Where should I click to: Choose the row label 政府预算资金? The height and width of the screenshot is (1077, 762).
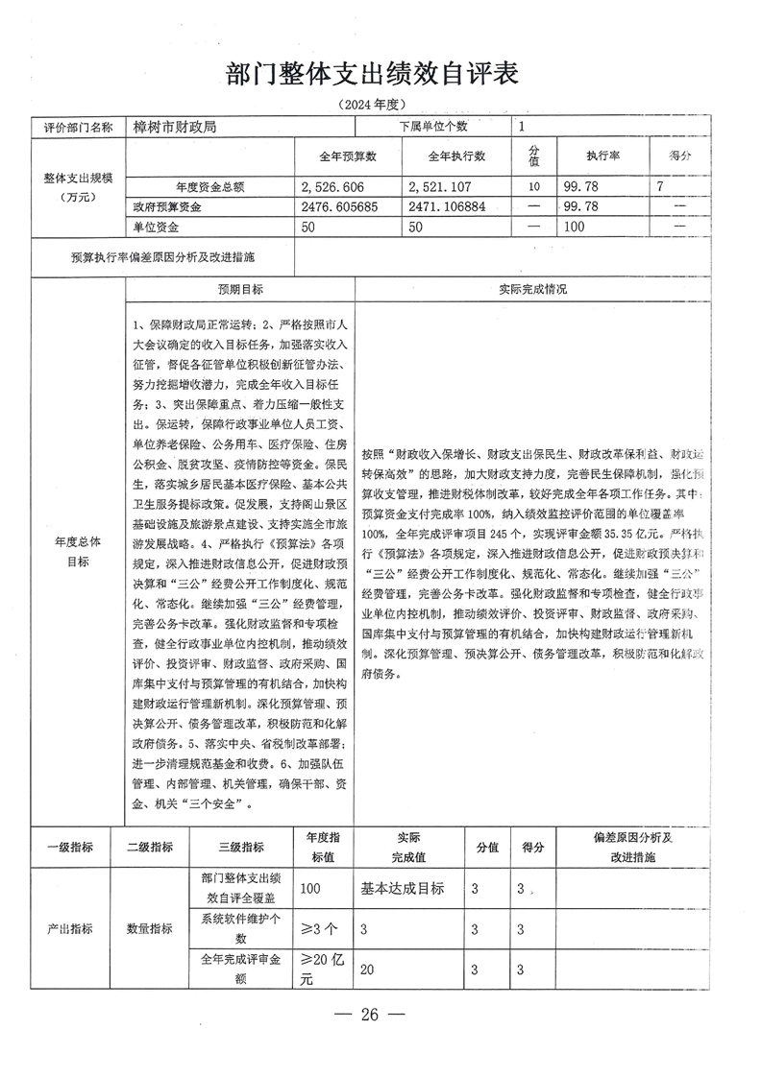click(x=168, y=206)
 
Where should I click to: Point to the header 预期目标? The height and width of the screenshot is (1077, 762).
click(x=240, y=289)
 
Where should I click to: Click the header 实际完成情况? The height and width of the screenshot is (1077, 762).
click(x=533, y=289)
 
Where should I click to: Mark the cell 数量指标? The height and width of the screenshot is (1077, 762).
click(x=150, y=929)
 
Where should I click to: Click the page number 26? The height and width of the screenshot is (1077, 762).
click(x=370, y=1015)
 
